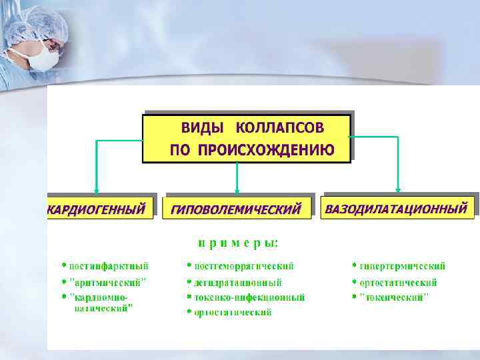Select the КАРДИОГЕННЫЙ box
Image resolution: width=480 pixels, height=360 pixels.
[97, 209]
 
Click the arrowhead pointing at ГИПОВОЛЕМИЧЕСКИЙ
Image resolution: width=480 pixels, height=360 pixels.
[236, 189]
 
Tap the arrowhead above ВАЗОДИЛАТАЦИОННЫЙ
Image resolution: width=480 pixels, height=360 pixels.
[398, 188]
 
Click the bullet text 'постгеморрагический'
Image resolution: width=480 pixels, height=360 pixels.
[243, 266]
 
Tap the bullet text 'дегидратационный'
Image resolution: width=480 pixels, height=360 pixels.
[237, 283]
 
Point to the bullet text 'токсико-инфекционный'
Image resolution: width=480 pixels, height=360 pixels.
[249, 297]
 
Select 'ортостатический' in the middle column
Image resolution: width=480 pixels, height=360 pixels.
[233, 313]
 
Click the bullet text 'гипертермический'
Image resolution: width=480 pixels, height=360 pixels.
[402, 266]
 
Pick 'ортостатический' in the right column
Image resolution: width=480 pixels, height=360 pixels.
[398, 283]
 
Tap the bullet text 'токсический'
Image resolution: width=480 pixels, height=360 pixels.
[394, 297]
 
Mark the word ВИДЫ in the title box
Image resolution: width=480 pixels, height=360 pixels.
[202, 128]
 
